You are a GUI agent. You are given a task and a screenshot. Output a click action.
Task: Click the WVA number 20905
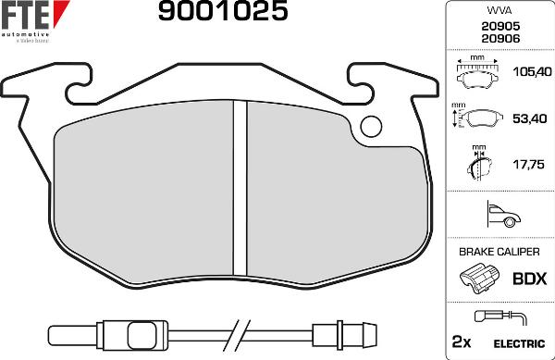click(499, 27)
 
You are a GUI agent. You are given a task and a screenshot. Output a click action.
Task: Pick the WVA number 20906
click(499, 39)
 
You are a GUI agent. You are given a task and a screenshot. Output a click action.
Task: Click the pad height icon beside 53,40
click(477, 120)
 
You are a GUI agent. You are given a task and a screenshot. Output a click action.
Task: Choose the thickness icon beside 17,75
click(477, 166)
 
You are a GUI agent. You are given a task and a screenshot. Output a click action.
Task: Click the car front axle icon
click(499, 216)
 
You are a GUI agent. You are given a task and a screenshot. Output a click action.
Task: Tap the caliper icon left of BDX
click(478, 279)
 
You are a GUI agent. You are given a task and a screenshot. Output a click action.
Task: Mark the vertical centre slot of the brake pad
click(240, 190)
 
